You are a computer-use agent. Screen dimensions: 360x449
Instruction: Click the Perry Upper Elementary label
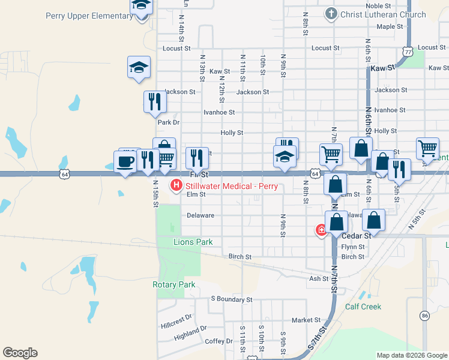point(89,16)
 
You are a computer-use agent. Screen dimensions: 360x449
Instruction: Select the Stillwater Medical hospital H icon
point(176,186)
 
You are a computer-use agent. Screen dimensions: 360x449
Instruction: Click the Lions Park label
point(176,242)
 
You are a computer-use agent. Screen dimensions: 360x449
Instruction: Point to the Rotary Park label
point(174,284)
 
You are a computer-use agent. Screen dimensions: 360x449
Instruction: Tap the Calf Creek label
point(363,307)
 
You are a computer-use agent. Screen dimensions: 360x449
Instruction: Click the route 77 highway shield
point(408,52)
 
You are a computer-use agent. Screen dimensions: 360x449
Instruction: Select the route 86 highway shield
point(425,315)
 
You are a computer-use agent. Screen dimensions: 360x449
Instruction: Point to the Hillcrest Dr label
point(176,318)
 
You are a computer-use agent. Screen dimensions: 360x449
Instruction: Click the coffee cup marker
point(125,162)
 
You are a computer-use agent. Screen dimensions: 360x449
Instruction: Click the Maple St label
point(386,26)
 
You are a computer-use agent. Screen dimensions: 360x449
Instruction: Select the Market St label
point(303,320)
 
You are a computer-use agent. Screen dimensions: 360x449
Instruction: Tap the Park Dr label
point(169,122)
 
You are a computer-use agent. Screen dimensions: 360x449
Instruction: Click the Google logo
point(20,353)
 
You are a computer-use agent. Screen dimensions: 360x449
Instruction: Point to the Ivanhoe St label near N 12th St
point(218,112)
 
